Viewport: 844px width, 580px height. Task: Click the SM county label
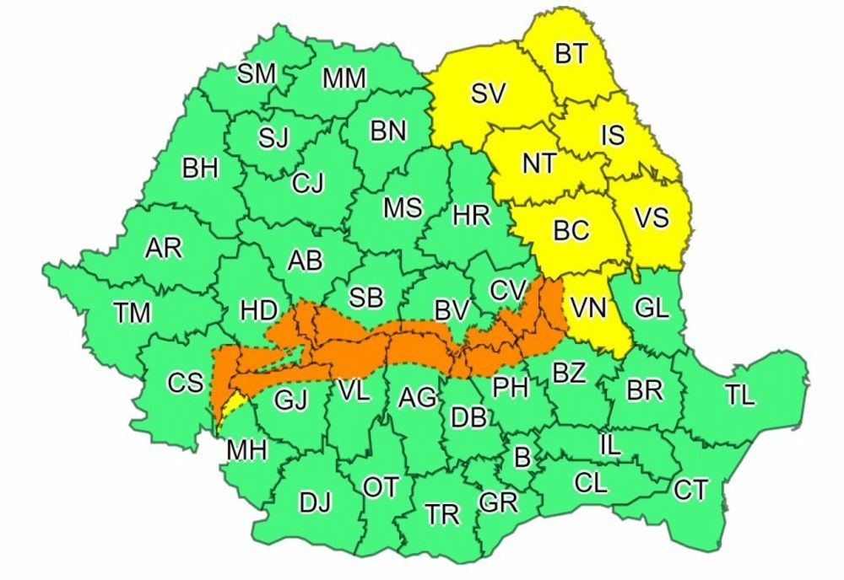256,73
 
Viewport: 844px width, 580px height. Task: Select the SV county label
488,94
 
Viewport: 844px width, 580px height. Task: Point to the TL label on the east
740,395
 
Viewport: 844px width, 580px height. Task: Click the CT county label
690,490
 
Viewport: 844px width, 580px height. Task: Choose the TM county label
132,313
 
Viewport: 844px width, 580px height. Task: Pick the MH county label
246,451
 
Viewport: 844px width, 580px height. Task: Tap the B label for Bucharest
522,458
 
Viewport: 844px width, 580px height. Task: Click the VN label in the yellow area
588,309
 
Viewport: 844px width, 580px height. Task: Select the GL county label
651,309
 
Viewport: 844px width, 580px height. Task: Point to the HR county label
471,216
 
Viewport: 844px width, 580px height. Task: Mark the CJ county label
307,183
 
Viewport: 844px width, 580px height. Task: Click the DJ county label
315,502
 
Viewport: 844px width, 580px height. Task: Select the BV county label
452,310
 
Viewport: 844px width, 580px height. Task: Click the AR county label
164,249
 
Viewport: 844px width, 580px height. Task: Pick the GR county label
497,502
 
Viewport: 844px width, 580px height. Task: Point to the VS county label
651,218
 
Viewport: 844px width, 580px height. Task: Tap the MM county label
344,78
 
